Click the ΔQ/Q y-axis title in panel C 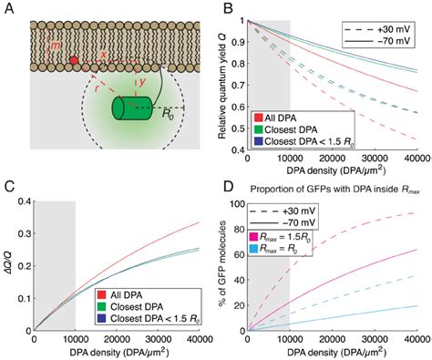tap(9, 264)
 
